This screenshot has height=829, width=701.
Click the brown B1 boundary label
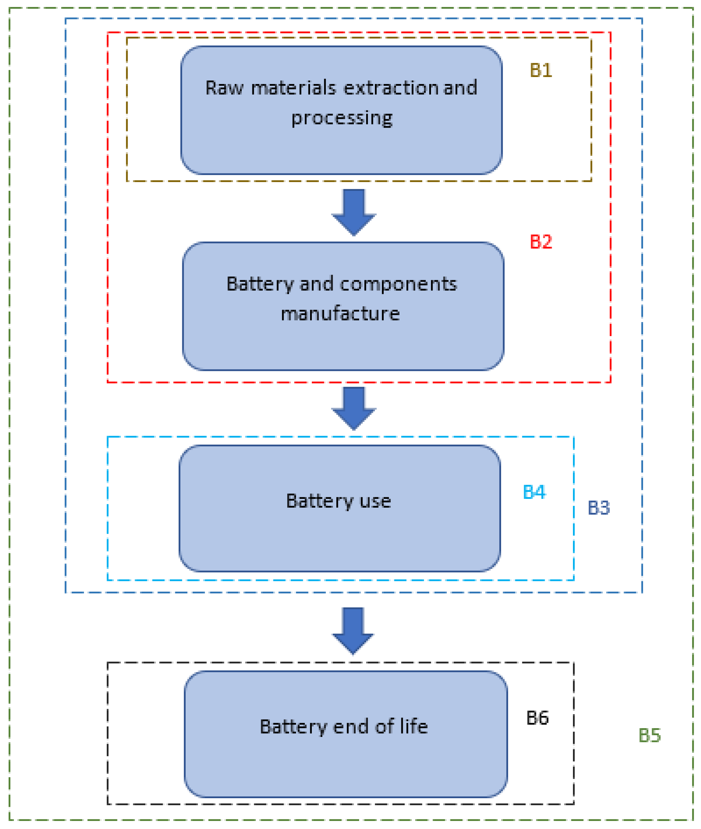click(x=541, y=70)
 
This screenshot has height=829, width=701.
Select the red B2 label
click(x=541, y=242)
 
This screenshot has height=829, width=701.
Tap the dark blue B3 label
click(x=599, y=508)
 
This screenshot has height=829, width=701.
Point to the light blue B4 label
click(x=534, y=492)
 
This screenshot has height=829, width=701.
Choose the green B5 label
click(x=649, y=735)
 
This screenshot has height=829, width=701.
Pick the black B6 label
click(x=537, y=718)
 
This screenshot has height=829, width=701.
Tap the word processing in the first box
click(x=342, y=118)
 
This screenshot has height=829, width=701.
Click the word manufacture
click(x=340, y=314)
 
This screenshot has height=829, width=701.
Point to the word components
click(x=398, y=284)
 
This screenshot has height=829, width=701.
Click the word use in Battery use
click(x=375, y=501)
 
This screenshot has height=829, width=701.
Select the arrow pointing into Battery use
click(x=354, y=408)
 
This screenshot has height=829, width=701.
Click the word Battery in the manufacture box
click(x=260, y=285)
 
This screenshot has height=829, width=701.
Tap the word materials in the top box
click(x=294, y=88)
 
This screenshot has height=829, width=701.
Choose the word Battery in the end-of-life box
click(x=293, y=727)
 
